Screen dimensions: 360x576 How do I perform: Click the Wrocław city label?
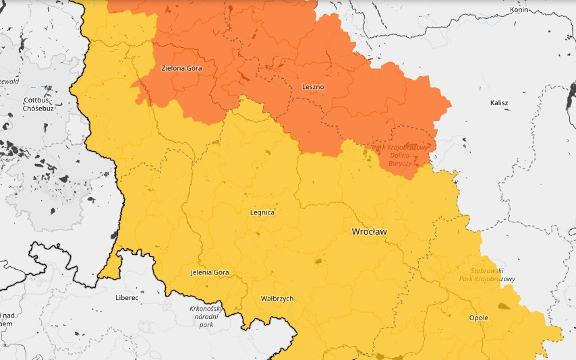pos(369,231)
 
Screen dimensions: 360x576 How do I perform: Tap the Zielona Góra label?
pos(181,68)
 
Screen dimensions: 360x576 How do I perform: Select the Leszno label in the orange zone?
pos(313,87)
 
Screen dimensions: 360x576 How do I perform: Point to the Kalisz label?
pos(499,103)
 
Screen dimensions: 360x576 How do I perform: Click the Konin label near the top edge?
pos(519,10)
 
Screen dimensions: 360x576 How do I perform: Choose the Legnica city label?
pos(262,212)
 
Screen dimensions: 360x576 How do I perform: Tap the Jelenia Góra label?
pos(210,272)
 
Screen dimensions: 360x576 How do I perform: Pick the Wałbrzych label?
pos(277,298)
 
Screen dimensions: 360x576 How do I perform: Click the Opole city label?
pos(478,318)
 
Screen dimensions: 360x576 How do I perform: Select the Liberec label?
pos(127,297)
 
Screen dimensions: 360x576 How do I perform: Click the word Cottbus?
pos(37,100)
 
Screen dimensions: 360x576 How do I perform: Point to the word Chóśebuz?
pos(38,108)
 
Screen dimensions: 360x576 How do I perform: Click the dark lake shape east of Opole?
pos(502,305)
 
